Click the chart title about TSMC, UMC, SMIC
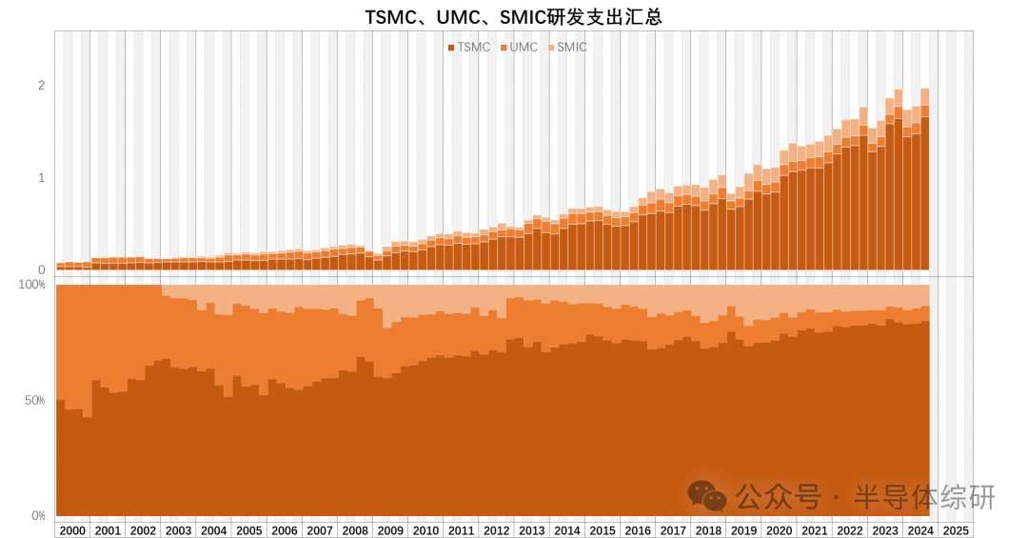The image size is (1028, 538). coord(514,17)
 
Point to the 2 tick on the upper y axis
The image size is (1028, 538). coord(41,85)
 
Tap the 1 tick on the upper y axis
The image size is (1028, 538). coord(41,177)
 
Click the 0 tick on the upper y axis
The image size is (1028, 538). coord(41,269)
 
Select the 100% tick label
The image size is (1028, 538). coord(32,285)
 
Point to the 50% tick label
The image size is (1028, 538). coord(34,400)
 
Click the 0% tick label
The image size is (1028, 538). coord(37,515)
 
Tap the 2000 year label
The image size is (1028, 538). coord(72,530)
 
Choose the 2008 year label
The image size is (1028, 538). coord(354,530)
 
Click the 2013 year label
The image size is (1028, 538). coord(531,530)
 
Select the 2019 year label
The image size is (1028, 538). coord(743,530)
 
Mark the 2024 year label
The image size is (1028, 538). coord(920,530)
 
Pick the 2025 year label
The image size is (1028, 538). coord(956,530)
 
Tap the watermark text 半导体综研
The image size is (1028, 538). coord(923,496)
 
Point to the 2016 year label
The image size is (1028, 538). coord(638,530)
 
